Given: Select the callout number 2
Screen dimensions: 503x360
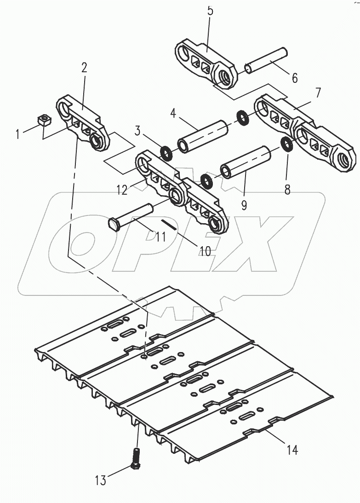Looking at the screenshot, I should coord(84,68).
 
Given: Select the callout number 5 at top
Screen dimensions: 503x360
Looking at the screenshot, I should coord(210,11).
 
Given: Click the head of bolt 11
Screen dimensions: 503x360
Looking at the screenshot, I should coord(114,225).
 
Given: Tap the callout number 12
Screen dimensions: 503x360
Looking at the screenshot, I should coord(122,190).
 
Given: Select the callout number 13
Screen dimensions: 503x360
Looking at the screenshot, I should coord(100,480).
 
